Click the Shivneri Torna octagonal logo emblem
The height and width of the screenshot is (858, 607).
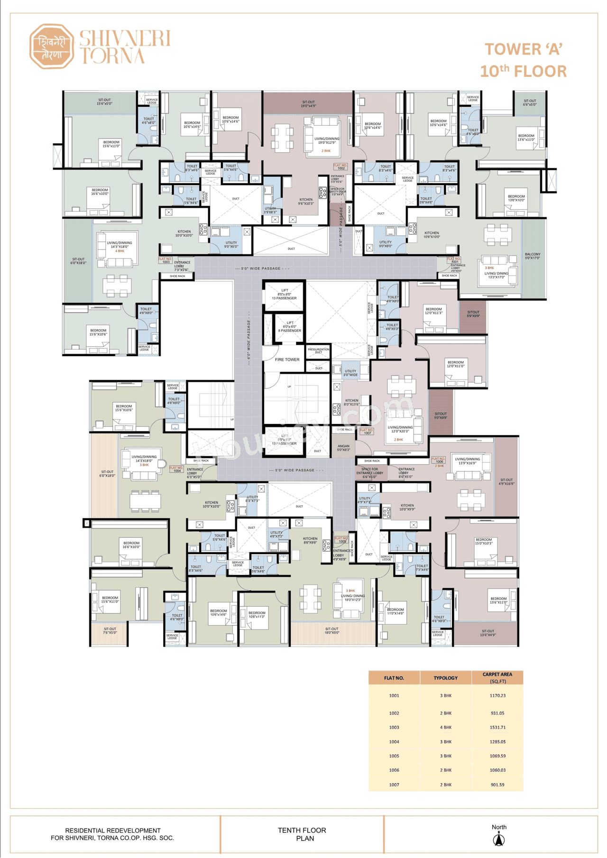[51, 46]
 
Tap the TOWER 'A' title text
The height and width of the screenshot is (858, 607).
[523, 49]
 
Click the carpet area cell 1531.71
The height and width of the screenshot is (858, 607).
[497, 727]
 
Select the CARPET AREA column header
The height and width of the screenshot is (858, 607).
[497, 677]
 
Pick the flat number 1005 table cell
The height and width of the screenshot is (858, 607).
[394, 756]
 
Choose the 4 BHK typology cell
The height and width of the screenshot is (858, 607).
[445, 727]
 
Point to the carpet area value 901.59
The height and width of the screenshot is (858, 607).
[497, 784]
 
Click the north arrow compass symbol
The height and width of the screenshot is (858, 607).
[498, 840]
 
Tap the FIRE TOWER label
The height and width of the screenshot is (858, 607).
[287, 360]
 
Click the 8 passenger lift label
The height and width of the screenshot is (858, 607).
[289, 327]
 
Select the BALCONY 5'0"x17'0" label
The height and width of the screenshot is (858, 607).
[533, 256]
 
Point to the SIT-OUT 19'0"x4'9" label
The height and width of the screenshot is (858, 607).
[308, 104]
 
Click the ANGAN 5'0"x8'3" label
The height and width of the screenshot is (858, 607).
[343, 448]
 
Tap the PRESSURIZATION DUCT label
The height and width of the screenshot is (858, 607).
[318, 351]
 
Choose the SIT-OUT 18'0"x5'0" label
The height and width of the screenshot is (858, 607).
[331, 631]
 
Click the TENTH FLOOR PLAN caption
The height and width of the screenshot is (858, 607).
[302, 834]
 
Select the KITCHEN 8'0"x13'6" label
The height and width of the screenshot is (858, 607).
[352, 402]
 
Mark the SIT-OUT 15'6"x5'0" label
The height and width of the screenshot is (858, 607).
[104, 102]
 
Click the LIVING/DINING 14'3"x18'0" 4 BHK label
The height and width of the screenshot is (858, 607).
[120, 246]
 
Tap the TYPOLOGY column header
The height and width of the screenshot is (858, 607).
[445, 678]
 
